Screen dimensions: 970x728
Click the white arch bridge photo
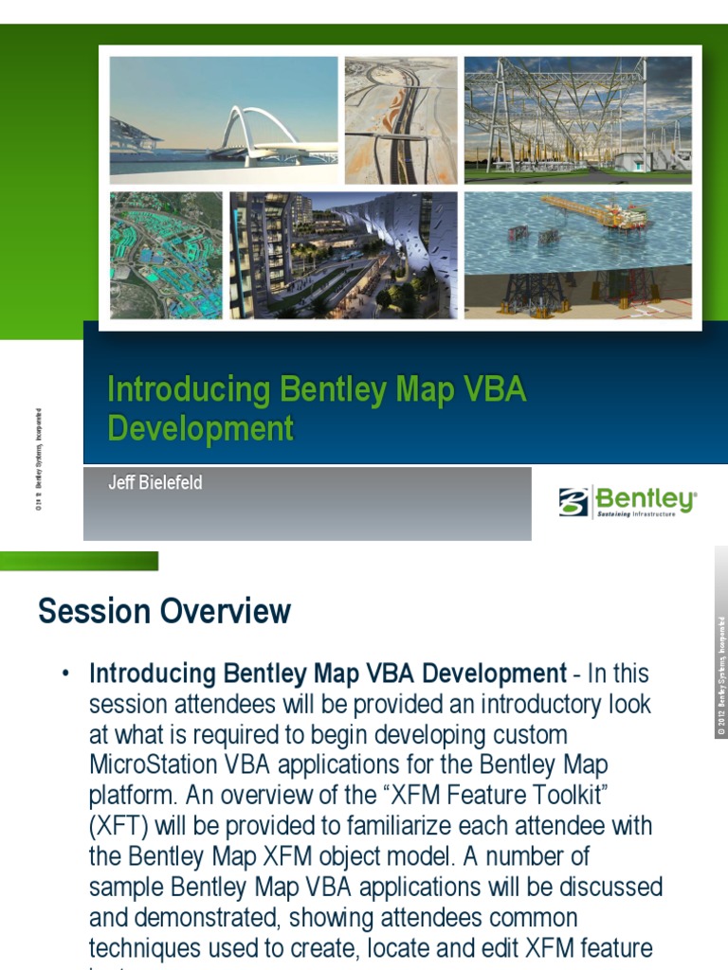click(x=224, y=119)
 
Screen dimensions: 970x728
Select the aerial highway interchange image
click(x=400, y=119)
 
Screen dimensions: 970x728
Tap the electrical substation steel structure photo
click(x=577, y=119)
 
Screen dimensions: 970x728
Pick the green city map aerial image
click(x=166, y=255)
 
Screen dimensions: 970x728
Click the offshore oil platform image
click(x=577, y=255)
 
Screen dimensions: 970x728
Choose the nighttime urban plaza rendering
click(x=343, y=255)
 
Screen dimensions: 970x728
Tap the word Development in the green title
click(x=200, y=429)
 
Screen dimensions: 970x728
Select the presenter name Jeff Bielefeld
click(x=155, y=483)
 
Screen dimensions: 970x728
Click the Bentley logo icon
click(x=573, y=502)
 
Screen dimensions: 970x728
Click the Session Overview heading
click(x=164, y=611)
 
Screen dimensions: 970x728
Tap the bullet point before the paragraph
click(x=65, y=674)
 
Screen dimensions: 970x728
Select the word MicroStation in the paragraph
click(x=152, y=764)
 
